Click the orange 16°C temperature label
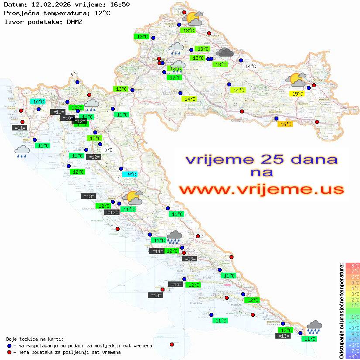(285, 124)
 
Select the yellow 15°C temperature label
(298, 93)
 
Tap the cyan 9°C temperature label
(131, 175)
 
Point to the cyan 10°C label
(38, 102)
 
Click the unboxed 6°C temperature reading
(74, 75)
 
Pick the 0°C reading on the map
(108, 150)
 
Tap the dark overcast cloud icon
(225, 53)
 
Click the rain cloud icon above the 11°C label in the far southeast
(314, 327)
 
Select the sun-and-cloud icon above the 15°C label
(296, 80)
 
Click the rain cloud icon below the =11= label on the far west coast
(22, 151)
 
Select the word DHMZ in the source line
(74, 21)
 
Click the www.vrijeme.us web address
(261, 189)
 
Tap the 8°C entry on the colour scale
(352, 265)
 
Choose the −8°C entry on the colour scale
(352, 356)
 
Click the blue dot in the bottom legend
(10, 346)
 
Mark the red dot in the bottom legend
(10, 352)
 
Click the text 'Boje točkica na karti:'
(35, 339)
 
